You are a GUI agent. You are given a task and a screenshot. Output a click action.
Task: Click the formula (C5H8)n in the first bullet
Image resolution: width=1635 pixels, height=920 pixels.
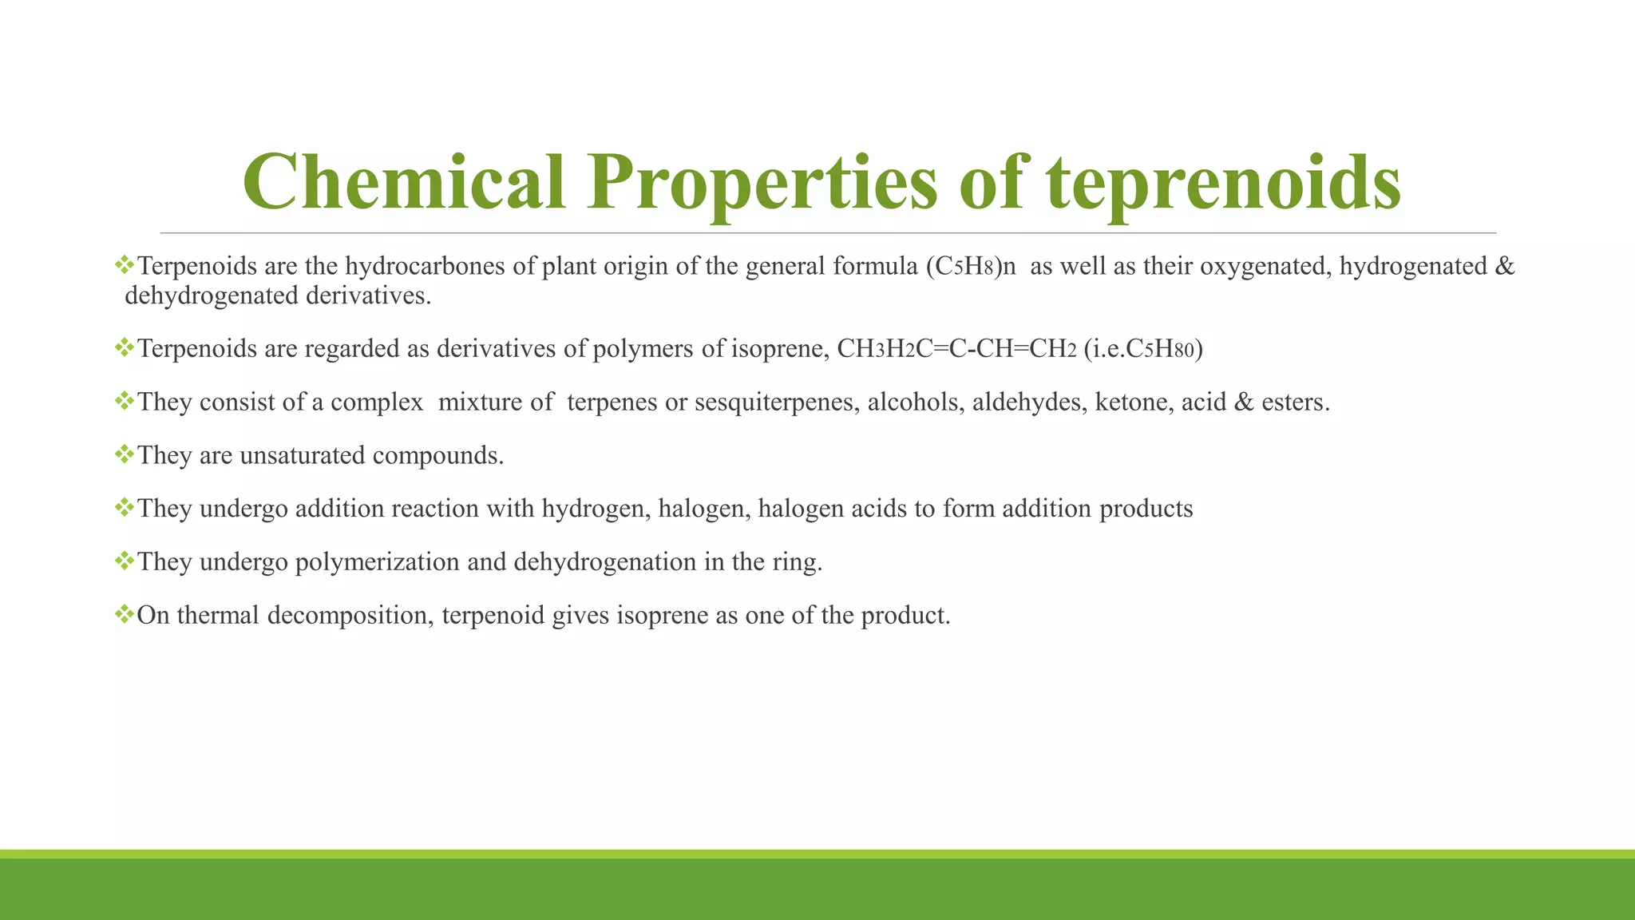click(x=971, y=266)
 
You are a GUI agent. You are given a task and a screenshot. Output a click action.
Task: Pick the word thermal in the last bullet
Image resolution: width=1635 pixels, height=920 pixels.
click(x=218, y=616)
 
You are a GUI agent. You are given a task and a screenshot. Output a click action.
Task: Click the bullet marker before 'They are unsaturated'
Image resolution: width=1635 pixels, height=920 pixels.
click(x=124, y=454)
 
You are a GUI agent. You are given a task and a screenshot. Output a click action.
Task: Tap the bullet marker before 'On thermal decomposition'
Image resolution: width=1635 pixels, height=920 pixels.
click(x=124, y=614)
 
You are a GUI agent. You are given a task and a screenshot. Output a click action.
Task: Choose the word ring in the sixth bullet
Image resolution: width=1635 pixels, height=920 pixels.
click(x=794, y=563)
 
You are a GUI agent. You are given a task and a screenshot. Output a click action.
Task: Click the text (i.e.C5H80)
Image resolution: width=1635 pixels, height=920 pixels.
click(x=1143, y=349)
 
